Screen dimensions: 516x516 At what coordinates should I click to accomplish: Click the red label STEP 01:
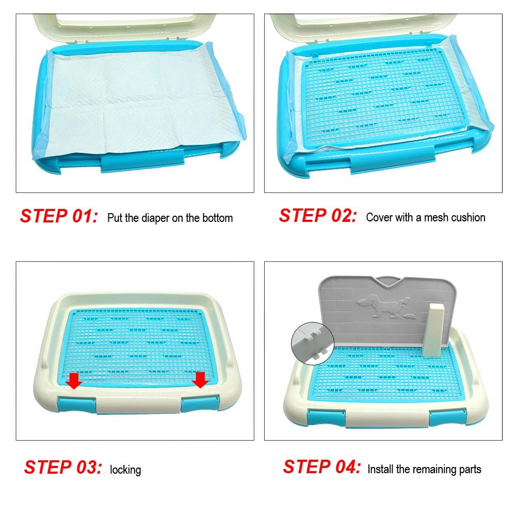coord(59,216)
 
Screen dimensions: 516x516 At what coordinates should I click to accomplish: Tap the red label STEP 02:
coord(318,215)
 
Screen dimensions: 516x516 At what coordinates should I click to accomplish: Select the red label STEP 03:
coord(63,467)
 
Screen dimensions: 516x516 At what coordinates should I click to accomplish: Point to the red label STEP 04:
coord(322,467)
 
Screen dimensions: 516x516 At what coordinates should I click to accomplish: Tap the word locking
coord(125,470)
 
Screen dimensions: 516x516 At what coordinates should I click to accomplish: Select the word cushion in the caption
coord(468,217)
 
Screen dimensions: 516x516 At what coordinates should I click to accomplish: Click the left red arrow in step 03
coord(74,381)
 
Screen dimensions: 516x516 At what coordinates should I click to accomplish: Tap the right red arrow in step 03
coord(200,380)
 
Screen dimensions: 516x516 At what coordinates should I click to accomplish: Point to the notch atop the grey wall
coord(389,282)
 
